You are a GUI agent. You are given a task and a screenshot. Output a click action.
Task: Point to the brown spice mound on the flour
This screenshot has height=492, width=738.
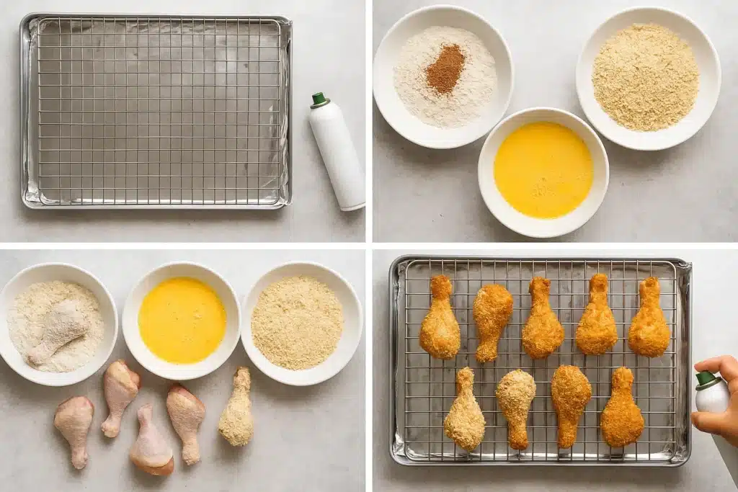click(x=445, y=69)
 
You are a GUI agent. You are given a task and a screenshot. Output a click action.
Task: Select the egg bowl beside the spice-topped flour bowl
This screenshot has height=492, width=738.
click(x=543, y=170)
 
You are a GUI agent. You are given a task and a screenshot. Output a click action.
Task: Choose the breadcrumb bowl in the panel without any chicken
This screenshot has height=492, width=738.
click(x=646, y=78)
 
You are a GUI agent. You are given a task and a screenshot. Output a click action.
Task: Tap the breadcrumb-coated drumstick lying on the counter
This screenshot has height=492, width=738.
click(x=237, y=408)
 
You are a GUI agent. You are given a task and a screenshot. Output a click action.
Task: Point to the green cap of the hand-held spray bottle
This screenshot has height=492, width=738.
click(x=706, y=378)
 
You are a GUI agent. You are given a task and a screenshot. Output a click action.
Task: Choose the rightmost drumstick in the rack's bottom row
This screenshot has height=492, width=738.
click(x=621, y=408)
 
